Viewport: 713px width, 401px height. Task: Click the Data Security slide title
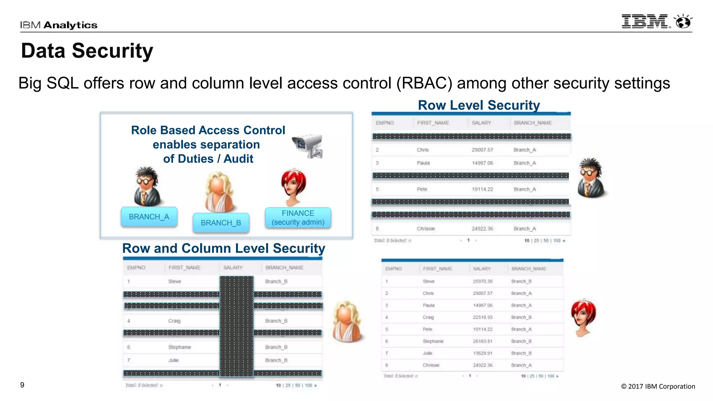(87, 51)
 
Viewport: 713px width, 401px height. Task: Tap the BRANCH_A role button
(149, 217)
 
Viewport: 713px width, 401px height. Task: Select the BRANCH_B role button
(221, 223)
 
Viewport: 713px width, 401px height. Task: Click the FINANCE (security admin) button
(298, 218)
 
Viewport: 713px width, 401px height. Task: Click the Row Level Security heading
(479, 105)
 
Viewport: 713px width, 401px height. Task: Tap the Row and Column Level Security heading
(224, 249)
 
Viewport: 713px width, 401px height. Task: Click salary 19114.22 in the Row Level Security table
(482, 189)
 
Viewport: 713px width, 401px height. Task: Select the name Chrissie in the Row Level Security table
(426, 229)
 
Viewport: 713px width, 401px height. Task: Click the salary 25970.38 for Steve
(483, 281)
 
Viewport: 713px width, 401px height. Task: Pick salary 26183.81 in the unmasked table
(483, 341)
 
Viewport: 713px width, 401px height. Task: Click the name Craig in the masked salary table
(174, 321)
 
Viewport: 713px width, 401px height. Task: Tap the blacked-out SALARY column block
(236, 326)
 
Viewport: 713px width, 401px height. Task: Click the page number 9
(22, 385)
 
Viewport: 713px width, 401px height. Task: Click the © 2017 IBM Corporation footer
(658, 386)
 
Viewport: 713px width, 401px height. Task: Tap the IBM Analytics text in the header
(58, 25)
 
